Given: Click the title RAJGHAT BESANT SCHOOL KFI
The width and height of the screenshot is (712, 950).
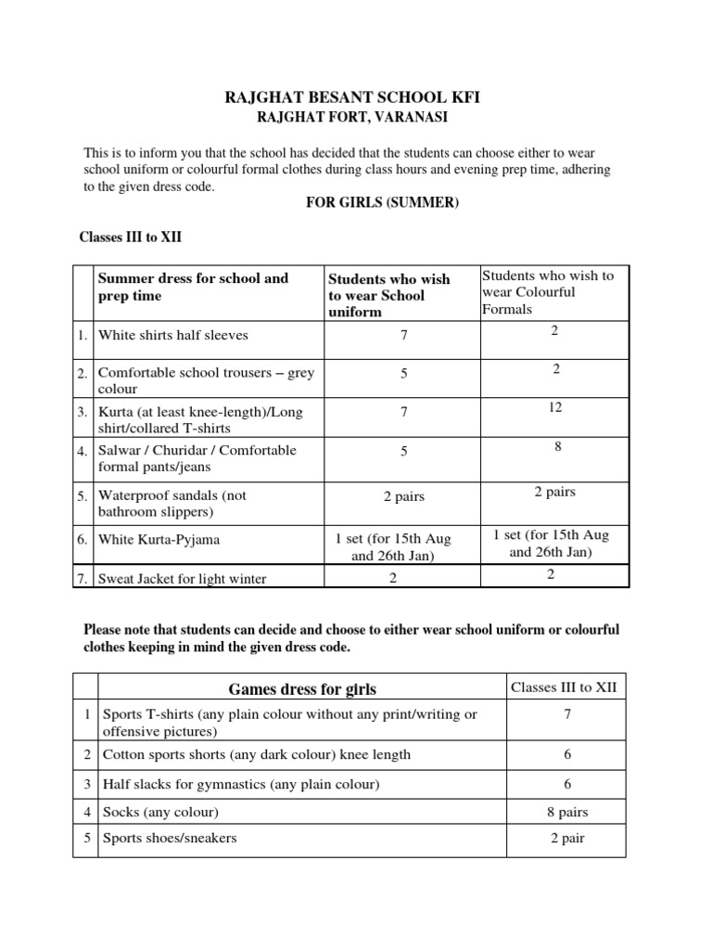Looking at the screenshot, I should coord(355,96).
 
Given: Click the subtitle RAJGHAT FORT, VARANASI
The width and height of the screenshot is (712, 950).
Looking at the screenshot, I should coord(355,118).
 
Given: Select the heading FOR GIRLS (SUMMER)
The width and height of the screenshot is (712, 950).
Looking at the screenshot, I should coord(382,202).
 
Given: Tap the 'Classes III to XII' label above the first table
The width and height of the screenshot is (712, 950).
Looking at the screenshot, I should coord(131,237).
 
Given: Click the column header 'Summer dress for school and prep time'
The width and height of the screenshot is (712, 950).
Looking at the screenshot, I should coord(193,287).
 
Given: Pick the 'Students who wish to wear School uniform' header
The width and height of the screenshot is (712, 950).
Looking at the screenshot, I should coord(389,295).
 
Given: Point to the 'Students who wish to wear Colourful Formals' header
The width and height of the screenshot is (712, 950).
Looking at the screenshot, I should coord(546,292).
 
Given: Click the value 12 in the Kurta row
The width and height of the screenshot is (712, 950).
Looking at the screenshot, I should coord(554,407).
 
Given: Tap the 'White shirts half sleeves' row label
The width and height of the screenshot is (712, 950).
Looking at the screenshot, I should coord(173,335).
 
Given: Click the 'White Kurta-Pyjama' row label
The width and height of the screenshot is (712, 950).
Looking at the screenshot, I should coord(159,539).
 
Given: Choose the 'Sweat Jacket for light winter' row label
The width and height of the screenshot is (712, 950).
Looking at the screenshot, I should coord(183,579).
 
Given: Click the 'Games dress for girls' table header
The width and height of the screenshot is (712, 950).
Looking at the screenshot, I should coord(302,688).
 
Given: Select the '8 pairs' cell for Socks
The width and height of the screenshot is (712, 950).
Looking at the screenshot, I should coord(567,812).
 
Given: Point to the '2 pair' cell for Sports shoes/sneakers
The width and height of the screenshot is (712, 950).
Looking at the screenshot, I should coord(567,839).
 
